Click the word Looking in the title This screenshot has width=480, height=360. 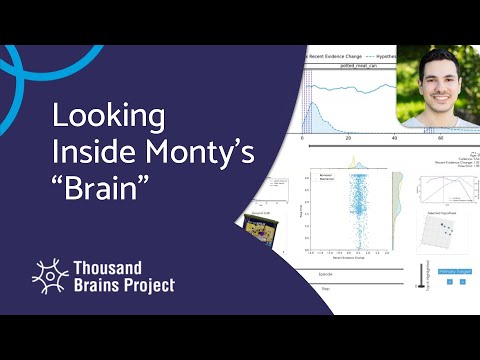[x=108, y=117]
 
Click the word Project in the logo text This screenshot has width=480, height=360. [x=146, y=286]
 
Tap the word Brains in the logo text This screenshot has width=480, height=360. [x=96, y=286]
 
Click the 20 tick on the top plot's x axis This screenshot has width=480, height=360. [x=347, y=137]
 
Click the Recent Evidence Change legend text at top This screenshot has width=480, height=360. [x=339, y=57]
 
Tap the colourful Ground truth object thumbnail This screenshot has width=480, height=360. [x=259, y=229]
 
